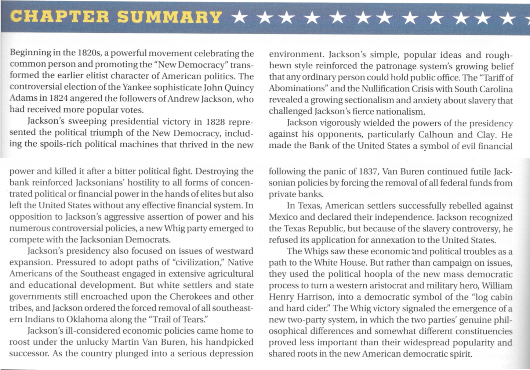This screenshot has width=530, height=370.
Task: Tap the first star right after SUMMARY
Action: click(x=241, y=17)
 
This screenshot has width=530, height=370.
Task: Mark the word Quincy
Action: click(x=239, y=88)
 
